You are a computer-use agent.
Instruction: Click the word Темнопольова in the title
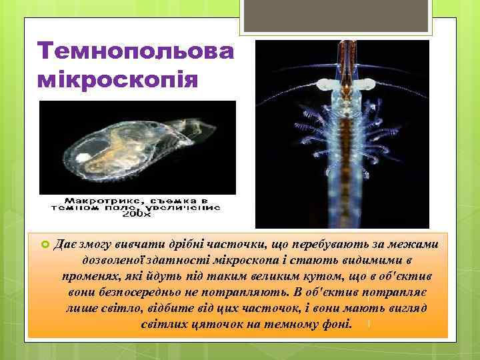click(136, 52)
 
